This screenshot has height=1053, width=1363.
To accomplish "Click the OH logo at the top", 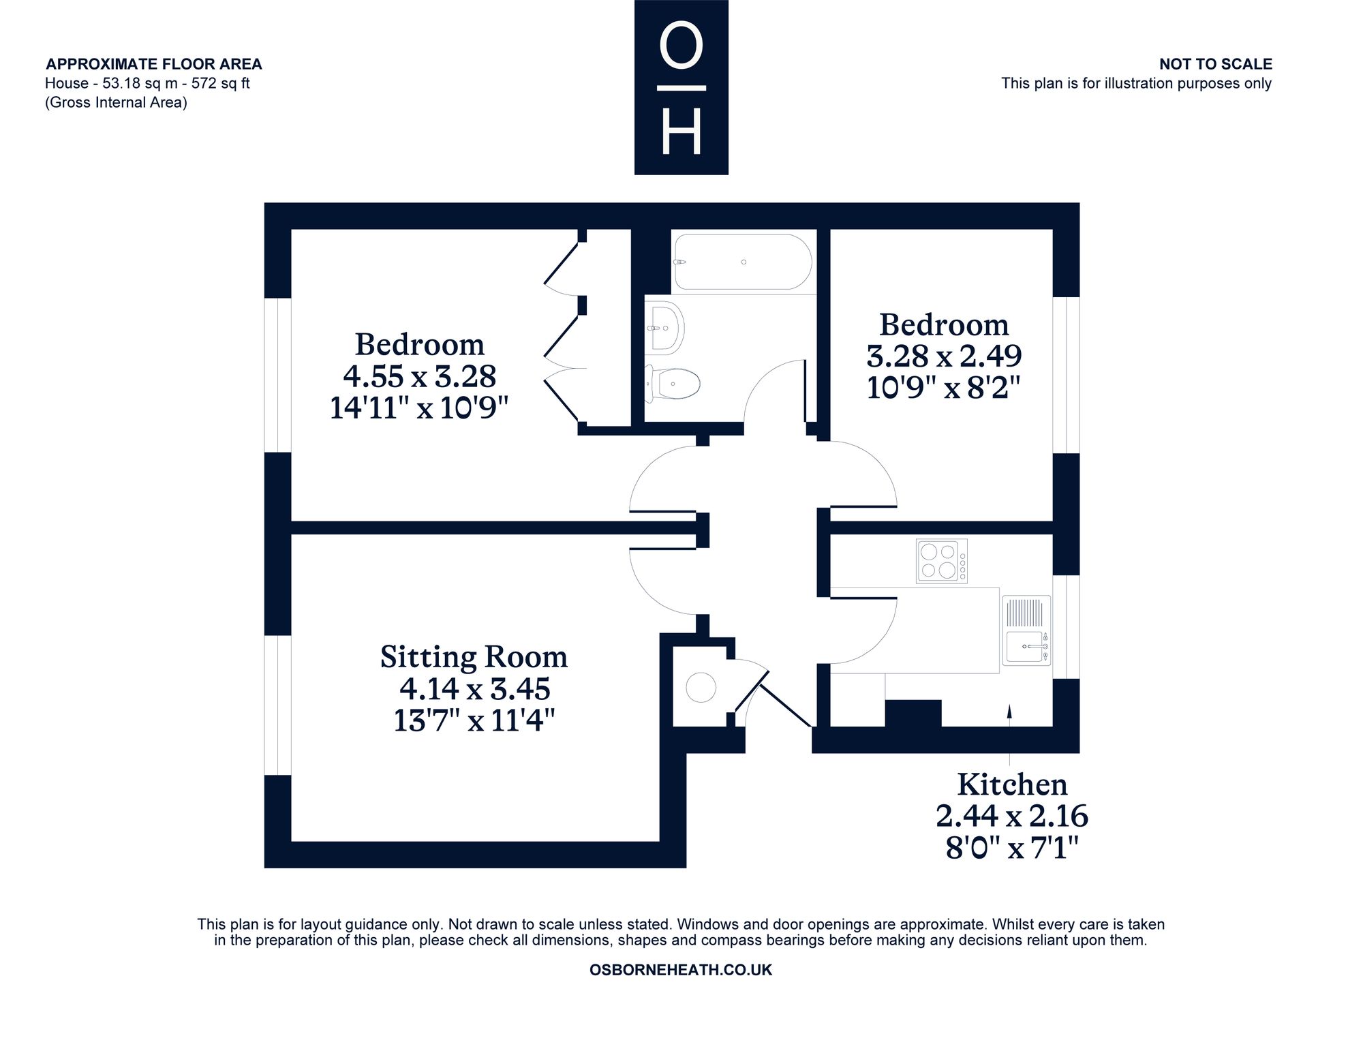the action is tap(681, 87).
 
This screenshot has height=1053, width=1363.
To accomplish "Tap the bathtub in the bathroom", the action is tap(743, 262).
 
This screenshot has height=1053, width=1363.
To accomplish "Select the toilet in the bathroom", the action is tap(673, 384).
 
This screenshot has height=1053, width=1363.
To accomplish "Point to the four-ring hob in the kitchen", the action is tap(942, 561).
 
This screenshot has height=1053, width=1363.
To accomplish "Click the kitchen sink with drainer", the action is tap(1026, 631).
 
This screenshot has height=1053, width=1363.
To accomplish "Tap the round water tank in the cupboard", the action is tap(701, 687).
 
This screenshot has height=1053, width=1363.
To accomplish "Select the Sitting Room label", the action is tap(474, 657).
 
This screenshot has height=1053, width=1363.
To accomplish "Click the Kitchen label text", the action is tap(1012, 784).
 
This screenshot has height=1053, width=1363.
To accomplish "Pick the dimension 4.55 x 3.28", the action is tap(419, 376).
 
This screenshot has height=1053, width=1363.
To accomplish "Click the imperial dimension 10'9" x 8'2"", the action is tap(944, 388).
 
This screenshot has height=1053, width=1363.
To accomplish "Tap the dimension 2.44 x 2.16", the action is tap(1012, 816).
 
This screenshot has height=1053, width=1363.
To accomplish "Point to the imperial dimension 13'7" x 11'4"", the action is tap(474, 720).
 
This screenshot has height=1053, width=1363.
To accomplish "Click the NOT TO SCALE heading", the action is tap(1216, 64).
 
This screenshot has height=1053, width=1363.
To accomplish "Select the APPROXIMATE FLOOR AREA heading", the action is tap(154, 64).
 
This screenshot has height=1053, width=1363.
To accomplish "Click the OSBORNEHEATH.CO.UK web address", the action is tap(681, 970).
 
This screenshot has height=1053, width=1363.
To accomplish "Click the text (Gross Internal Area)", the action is tap(116, 102).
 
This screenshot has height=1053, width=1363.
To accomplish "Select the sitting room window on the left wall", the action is tap(277, 705).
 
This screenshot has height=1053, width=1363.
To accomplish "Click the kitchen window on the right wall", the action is tap(1067, 627).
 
